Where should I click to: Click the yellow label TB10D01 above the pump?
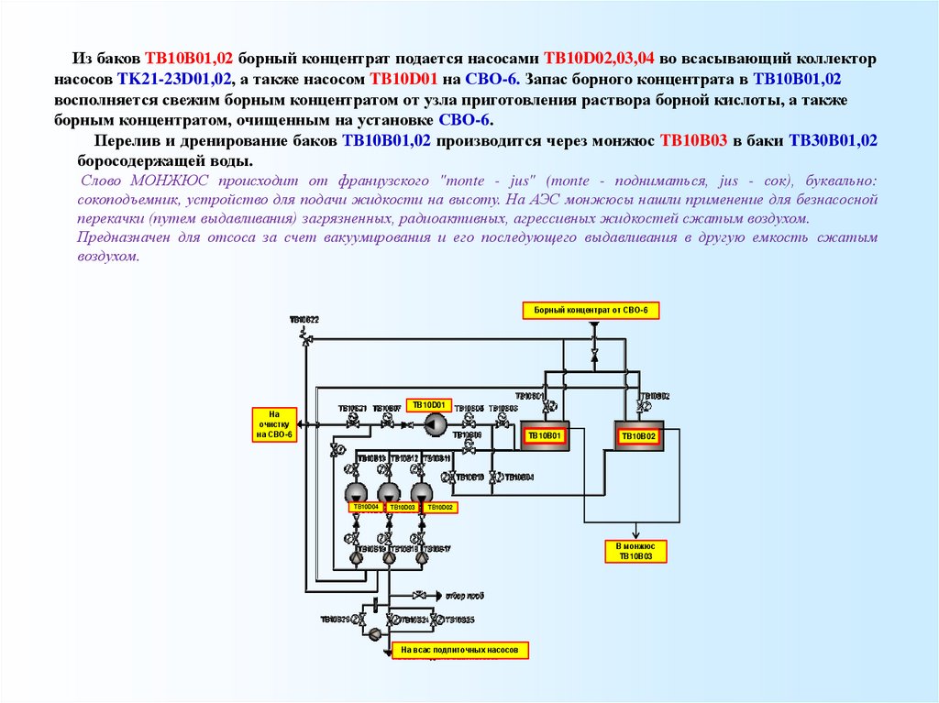tap(428, 404)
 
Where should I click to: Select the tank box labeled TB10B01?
tap(546, 436)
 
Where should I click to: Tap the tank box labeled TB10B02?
tap(639, 437)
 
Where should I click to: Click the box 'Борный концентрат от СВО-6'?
tap(591, 311)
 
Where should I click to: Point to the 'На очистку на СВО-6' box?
tap(273, 424)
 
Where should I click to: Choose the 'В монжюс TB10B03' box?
tap(635, 551)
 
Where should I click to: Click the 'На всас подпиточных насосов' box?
tap(460, 650)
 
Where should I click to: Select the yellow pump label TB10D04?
tap(365, 507)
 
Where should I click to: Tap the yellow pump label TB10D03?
tap(402, 507)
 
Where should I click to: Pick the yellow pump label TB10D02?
tap(438, 507)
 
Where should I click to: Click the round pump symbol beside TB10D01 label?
tap(434, 423)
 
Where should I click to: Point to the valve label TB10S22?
tap(304, 320)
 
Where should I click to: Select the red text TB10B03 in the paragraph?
tap(693, 141)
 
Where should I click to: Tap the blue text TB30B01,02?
tap(834, 141)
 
